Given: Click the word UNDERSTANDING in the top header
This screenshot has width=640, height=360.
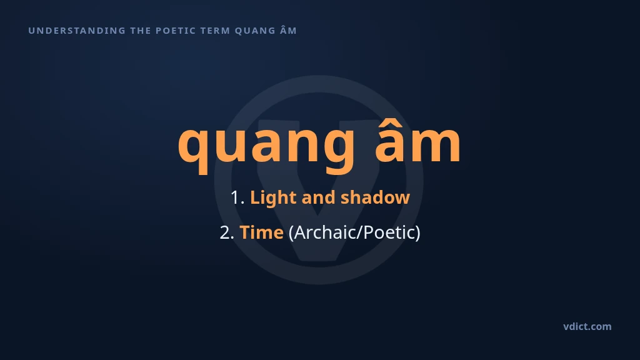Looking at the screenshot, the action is coord(77,31).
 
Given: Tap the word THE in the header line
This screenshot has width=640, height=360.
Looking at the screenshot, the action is coord(141,31).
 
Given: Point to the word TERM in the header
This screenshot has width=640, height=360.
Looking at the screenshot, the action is coord(216,31).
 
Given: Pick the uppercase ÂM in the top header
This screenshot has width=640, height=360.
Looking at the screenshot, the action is coord(289,30).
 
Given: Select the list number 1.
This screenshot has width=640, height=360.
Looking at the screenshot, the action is coord(237,197).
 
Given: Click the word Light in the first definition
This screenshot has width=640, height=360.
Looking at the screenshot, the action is coord(273,198).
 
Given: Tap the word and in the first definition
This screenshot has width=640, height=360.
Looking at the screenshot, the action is coord(318,197).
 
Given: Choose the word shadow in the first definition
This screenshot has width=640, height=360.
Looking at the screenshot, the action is coord(375,197).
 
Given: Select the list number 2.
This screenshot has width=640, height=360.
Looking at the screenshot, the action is coord(227,232).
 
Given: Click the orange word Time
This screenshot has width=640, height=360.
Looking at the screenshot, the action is coord(261,232).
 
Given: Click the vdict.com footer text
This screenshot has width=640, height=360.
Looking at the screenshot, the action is coord(587,326).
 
